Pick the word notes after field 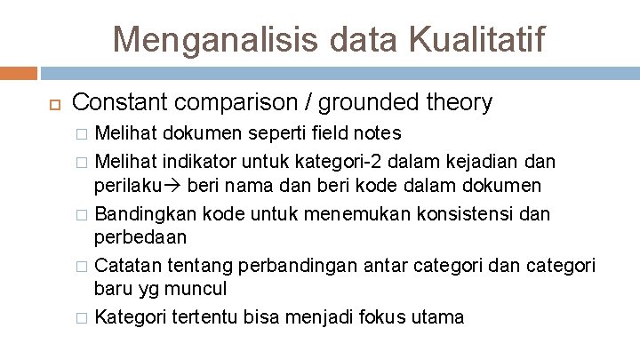pyautogui.click(x=378, y=134)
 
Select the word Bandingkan pyautogui.click(x=147, y=215)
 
